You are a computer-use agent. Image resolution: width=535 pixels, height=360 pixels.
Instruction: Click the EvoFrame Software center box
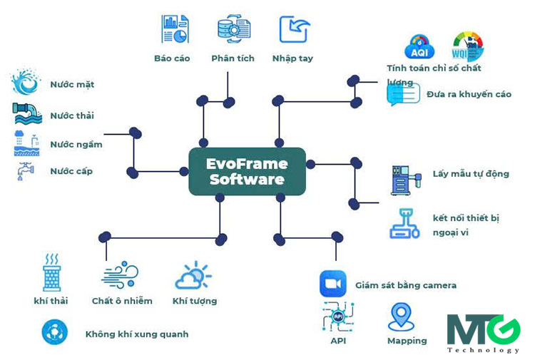pyautogui.click(x=247, y=171)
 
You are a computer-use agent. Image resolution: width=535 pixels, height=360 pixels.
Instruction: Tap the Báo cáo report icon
pyautogui.click(x=174, y=29)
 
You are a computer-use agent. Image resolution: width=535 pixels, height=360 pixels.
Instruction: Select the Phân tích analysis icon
pyautogui.click(x=233, y=29)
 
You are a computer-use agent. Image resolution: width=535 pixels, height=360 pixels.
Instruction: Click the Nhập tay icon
pyautogui.click(x=294, y=29)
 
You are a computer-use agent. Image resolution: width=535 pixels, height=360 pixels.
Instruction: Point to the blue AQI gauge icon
pyautogui.click(x=419, y=46)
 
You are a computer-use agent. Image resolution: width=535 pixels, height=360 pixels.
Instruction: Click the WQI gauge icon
pyautogui.click(x=467, y=45)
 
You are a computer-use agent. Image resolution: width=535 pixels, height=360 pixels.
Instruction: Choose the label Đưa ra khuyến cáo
pyautogui.click(x=469, y=94)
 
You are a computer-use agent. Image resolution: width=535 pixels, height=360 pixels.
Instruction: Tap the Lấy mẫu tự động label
pyautogui.click(x=471, y=174)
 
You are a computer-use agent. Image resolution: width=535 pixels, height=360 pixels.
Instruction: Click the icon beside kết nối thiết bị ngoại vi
pyautogui.click(x=404, y=223)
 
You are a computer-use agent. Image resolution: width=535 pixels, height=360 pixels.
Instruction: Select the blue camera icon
pyautogui.click(x=332, y=284)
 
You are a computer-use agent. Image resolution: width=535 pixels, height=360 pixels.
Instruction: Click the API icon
pyautogui.click(x=338, y=317)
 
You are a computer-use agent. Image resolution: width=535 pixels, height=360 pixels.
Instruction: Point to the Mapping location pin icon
pyautogui.click(x=402, y=317)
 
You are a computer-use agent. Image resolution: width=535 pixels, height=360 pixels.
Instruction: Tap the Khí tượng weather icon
pyautogui.click(x=193, y=276)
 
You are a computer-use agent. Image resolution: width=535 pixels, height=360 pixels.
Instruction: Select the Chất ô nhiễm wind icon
pyautogui.click(x=120, y=275)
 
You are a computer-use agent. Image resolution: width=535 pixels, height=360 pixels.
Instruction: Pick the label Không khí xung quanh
pyautogui.click(x=137, y=334)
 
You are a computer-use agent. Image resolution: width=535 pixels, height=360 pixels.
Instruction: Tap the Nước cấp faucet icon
pyautogui.click(x=25, y=172)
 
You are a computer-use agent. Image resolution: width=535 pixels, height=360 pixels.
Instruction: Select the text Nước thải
pyautogui.click(x=72, y=115)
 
